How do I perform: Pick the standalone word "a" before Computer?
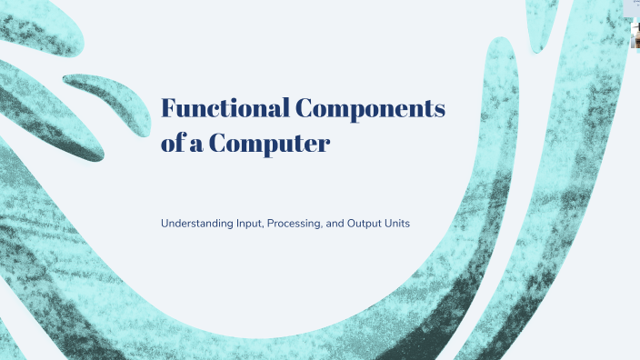[x=198, y=144]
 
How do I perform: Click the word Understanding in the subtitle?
[x=197, y=223]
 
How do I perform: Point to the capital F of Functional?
[x=168, y=108]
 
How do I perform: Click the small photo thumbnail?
[x=635, y=36]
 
